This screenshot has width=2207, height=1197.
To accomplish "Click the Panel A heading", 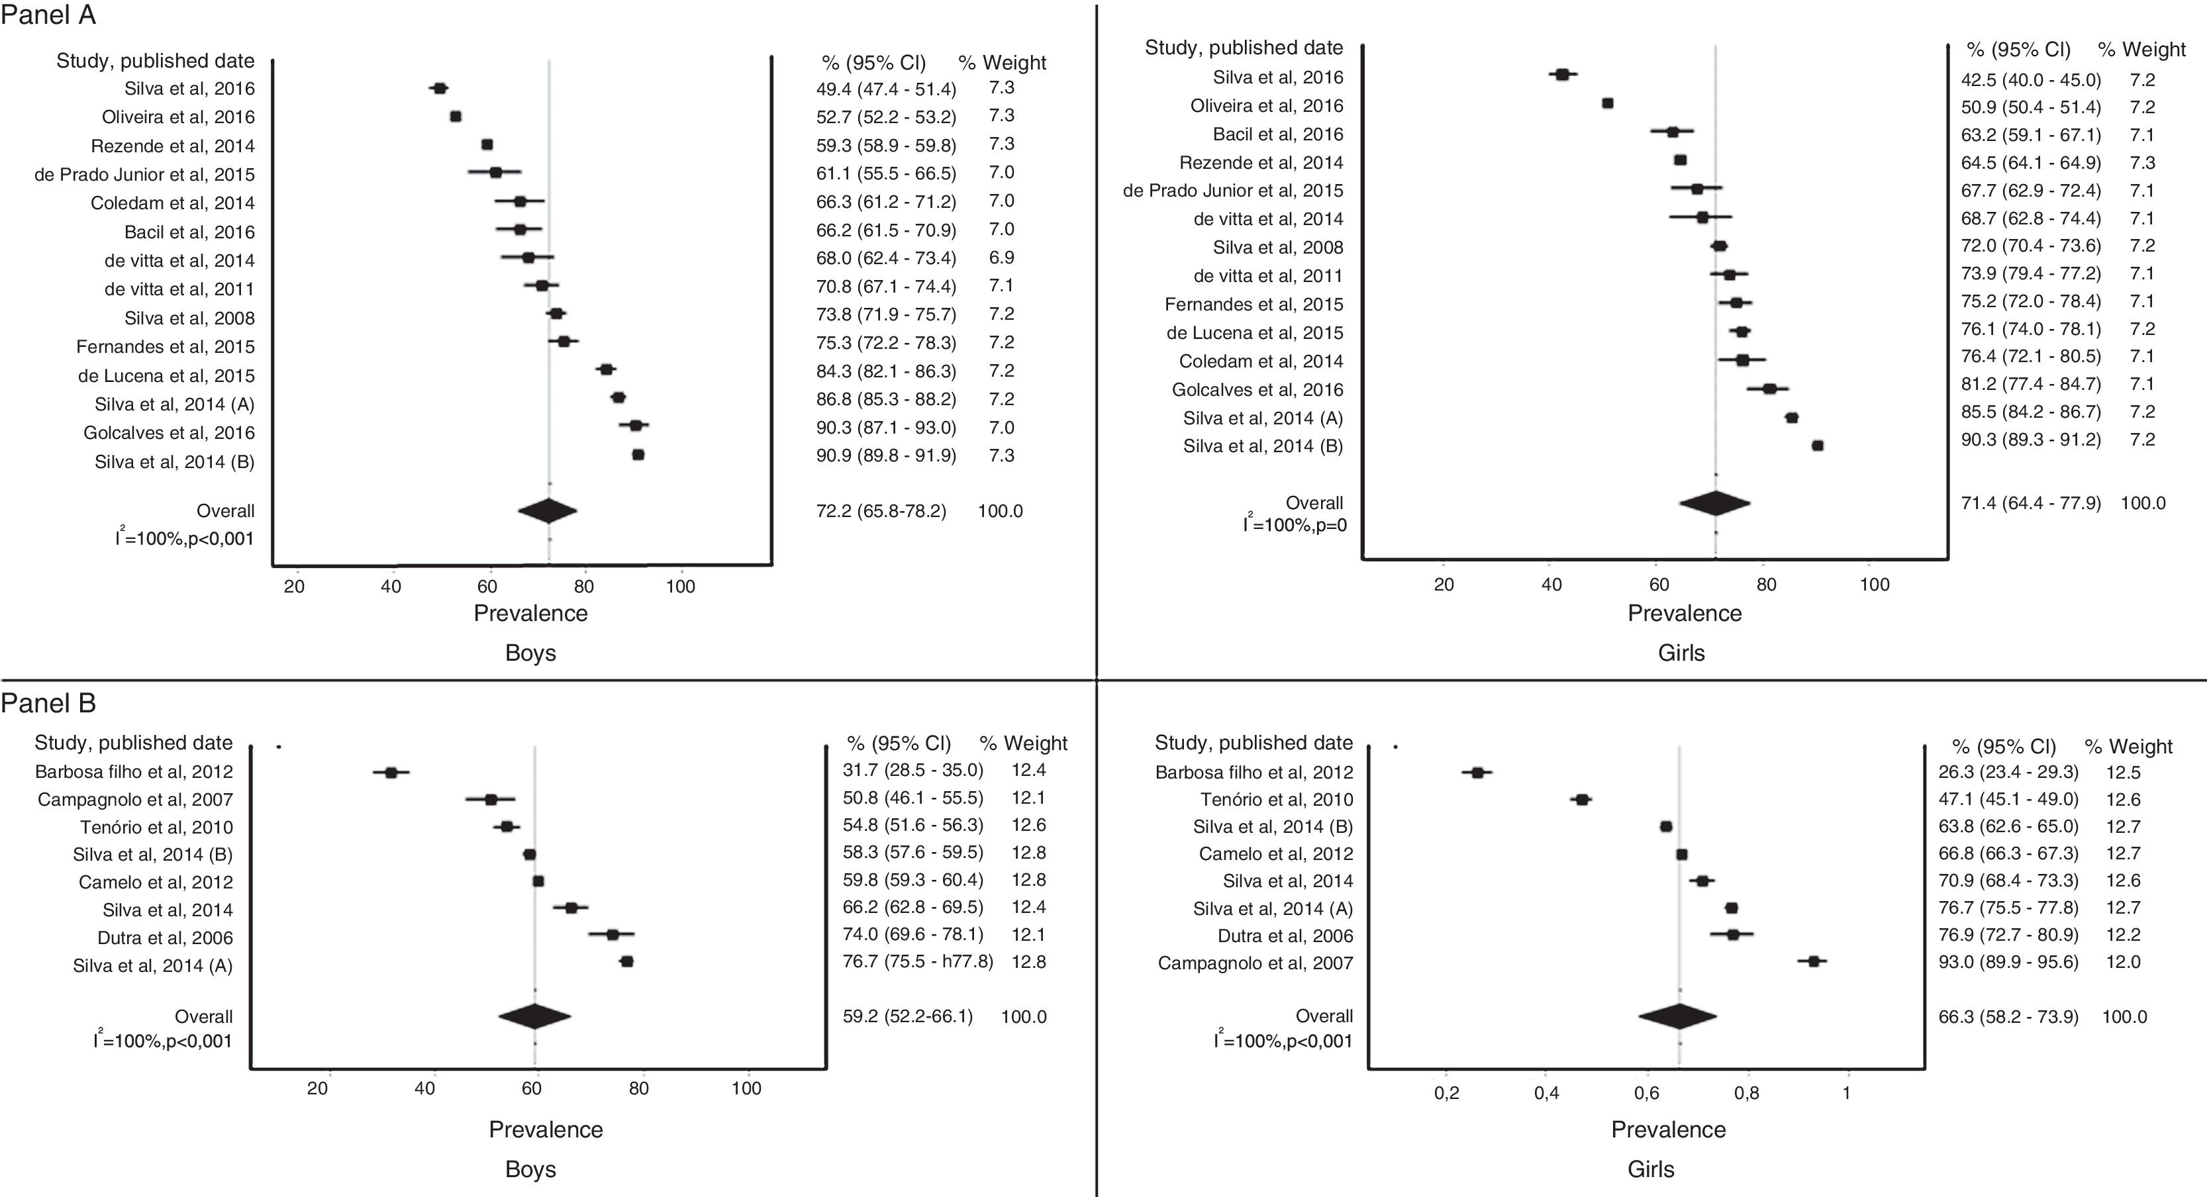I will coord(48,15).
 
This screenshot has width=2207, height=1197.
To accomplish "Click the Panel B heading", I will coord(48,704).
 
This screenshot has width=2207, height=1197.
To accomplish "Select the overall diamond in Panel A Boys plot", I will coord(548,510).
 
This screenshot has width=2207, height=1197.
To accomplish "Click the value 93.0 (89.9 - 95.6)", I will coord(2008,962).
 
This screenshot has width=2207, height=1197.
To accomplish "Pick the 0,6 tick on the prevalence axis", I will coord(1646,1093).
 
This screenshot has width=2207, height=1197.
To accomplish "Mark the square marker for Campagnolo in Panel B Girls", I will coord(1813,962).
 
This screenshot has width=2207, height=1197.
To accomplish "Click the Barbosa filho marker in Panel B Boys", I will coord(391,773).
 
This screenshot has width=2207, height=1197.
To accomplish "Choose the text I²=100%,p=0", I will coord(1295,524).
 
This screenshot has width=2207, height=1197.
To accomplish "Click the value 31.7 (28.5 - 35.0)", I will coord(912,770).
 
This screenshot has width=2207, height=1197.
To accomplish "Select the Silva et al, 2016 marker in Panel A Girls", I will coord(1562,75).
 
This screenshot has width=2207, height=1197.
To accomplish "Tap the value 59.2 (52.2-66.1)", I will coord(907,1017).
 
